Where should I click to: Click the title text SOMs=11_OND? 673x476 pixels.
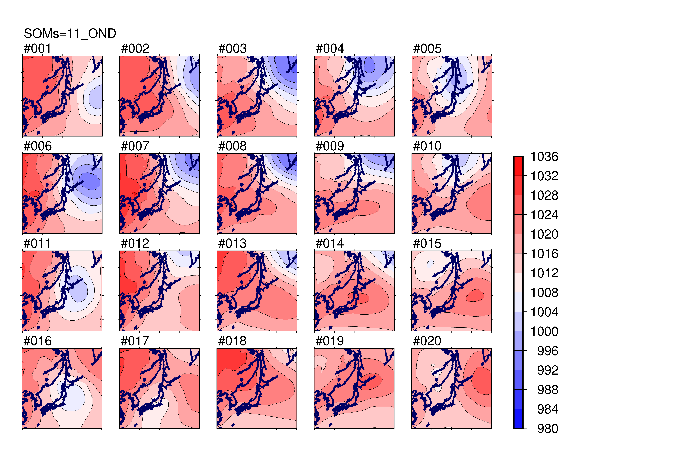(70, 34)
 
